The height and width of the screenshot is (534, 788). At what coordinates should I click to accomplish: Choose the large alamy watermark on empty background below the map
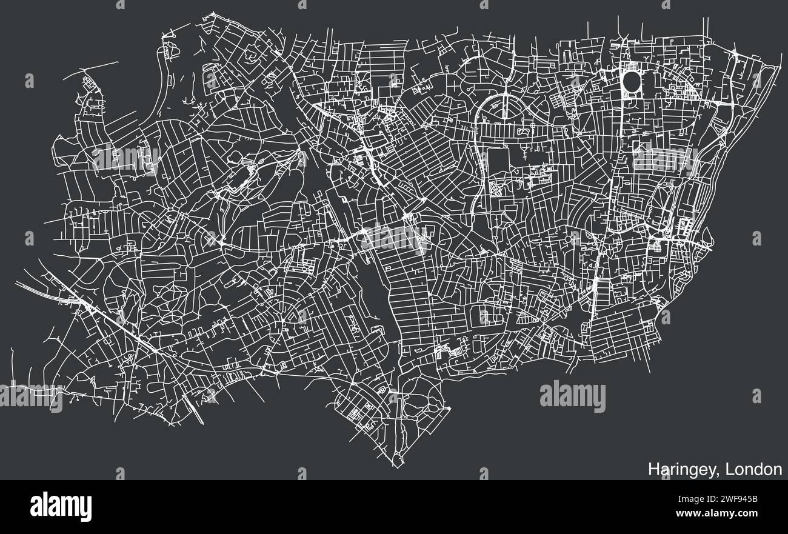tap(572, 396)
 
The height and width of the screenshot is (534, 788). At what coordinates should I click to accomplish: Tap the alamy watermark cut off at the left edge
tap(30, 398)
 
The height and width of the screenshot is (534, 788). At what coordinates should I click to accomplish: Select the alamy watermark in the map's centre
tap(394, 238)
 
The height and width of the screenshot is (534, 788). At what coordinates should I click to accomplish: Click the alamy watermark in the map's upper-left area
tap(125, 159)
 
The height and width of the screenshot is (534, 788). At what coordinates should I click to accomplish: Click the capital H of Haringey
tap(653, 470)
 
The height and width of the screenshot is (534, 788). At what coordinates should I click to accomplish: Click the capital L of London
tap(726, 469)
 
